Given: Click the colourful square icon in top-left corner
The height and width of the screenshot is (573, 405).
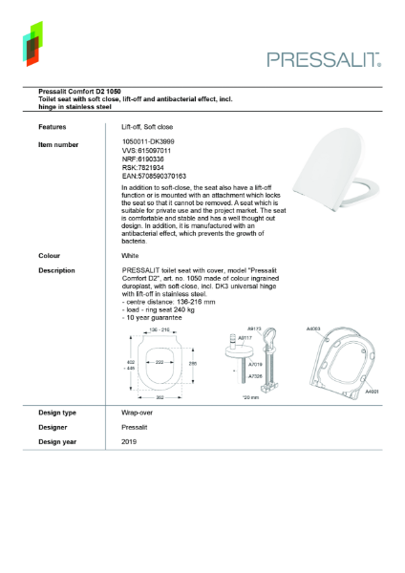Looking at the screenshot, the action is click(x=33, y=43).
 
